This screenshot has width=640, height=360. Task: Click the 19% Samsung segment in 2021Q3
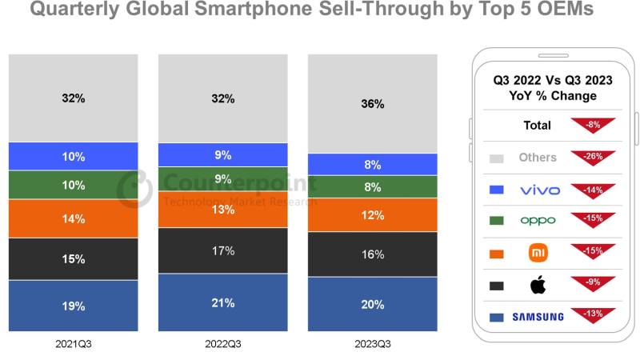click(73, 305)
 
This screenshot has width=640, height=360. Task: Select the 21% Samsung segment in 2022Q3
click(223, 302)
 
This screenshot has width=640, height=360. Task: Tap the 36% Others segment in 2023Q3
click(373, 103)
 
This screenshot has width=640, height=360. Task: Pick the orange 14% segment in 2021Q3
click(73, 218)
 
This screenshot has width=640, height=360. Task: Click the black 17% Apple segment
click(223, 250)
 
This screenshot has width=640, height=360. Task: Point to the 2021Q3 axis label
click(73, 345)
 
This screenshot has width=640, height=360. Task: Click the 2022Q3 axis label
click(223, 345)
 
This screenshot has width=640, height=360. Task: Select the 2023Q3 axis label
click(373, 345)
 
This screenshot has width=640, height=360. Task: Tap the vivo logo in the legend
click(538, 190)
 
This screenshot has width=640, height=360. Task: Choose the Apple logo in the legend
click(538, 284)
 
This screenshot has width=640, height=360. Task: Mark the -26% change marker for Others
click(592, 157)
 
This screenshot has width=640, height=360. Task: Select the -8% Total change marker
click(592, 125)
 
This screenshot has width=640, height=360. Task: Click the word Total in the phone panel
click(538, 126)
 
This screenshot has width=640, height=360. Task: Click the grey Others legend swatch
click(494, 158)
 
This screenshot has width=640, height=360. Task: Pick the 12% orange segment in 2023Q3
click(373, 215)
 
